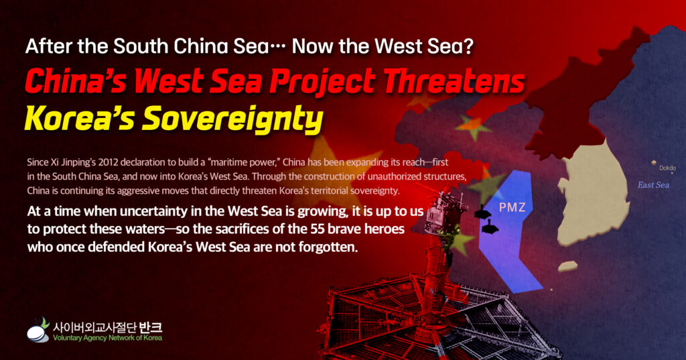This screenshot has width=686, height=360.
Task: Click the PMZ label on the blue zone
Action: coord(512,207)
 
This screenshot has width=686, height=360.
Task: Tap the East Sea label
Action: coord(653,185)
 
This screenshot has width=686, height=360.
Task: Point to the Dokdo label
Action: coord(667,168)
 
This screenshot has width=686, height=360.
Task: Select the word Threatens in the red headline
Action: coord(454,82)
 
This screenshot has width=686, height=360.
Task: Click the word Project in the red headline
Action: coord(322,82)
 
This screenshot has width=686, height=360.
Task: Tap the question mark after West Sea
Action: coord(469,46)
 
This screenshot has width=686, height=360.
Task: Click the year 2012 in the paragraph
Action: coord(108,162)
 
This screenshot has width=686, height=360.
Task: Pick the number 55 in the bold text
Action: coord(318,229)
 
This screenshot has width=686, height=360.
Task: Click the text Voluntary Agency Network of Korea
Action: coord(107,338)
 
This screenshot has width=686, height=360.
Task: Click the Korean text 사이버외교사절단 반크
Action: coord(107,326)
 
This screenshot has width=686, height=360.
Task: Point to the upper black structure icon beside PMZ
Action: coord(482,212)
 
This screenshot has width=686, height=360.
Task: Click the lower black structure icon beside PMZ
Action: coord(490,226)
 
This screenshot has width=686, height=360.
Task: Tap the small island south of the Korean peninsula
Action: coord(567,266)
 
